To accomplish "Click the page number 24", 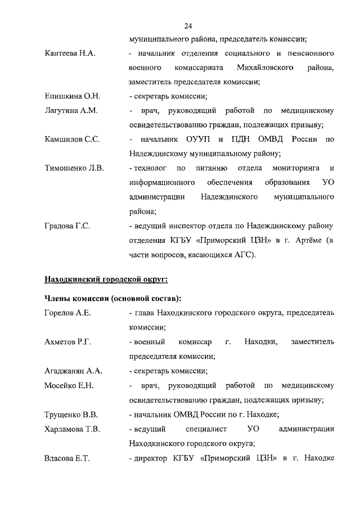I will (188, 25).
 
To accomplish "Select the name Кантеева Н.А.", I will (70, 53).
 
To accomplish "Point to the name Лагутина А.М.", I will (71, 111).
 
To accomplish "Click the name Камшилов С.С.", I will (72, 139).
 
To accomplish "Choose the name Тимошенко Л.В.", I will (74, 168).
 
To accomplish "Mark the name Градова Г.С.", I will (67, 226).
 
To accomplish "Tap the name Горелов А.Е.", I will (67, 312).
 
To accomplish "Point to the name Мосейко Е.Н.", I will (69, 385).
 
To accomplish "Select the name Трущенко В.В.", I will (71, 415).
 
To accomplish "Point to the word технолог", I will (149, 168).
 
